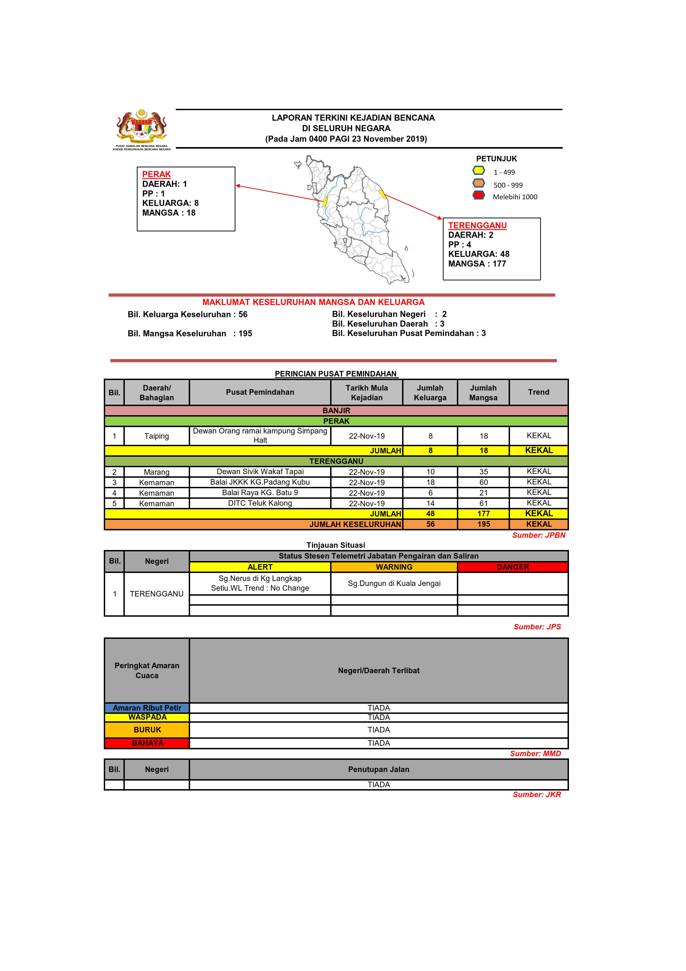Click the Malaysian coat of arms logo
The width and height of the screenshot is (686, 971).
point(142,126)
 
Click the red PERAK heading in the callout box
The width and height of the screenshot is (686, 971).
point(156,174)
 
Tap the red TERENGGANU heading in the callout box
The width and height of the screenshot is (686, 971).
point(477,225)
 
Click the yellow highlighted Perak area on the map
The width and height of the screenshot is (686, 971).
point(325,201)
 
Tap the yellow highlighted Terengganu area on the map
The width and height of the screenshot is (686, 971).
point(382,195)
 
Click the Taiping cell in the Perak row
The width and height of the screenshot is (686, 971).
point(156,436)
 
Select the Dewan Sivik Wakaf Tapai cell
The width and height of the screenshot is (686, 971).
point(260,472)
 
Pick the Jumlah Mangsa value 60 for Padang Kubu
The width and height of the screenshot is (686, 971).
point(483,482)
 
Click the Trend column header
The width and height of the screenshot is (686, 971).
point(539,392)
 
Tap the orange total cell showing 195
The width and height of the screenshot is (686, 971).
point(483,524)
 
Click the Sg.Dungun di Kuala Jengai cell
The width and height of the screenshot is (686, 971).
point(394,583)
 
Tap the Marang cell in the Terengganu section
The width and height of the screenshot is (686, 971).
point(156,472)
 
